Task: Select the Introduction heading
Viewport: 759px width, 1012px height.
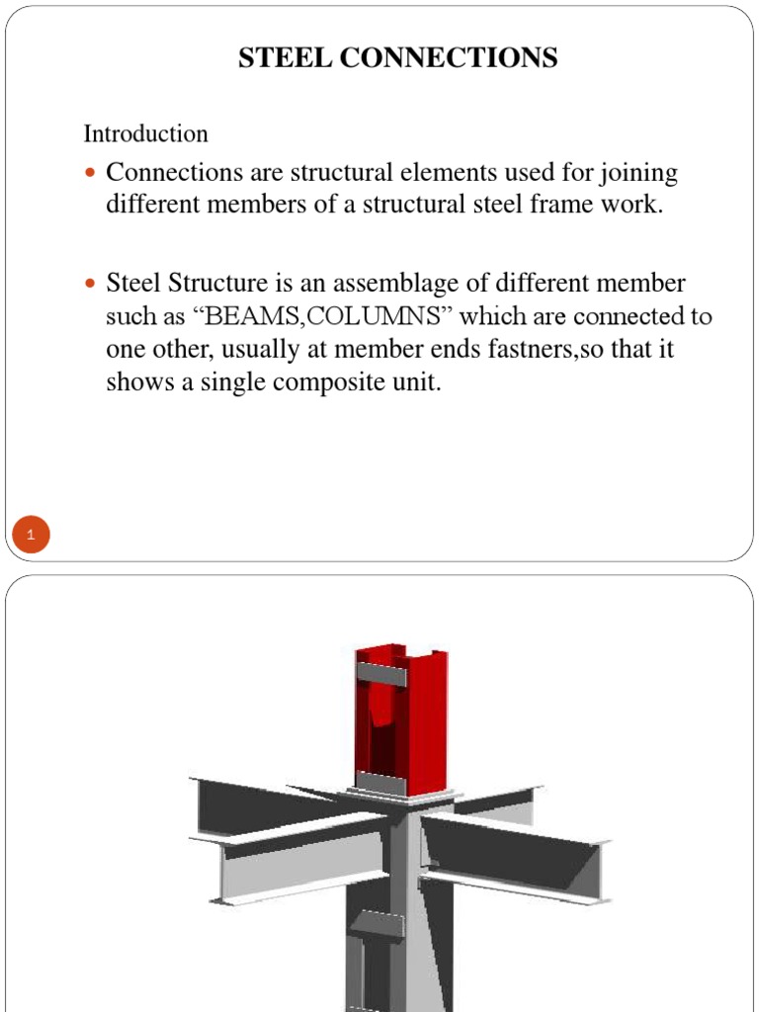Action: coord(145,133)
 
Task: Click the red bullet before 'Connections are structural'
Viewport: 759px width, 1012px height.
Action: coord(90,173)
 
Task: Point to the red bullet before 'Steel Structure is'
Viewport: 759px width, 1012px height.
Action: coord(90,284)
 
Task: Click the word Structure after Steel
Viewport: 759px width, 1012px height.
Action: coord(218,284)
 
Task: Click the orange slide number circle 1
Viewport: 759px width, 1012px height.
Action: coord(31,537)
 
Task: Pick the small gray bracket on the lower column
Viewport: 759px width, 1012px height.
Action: coord(377,927)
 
